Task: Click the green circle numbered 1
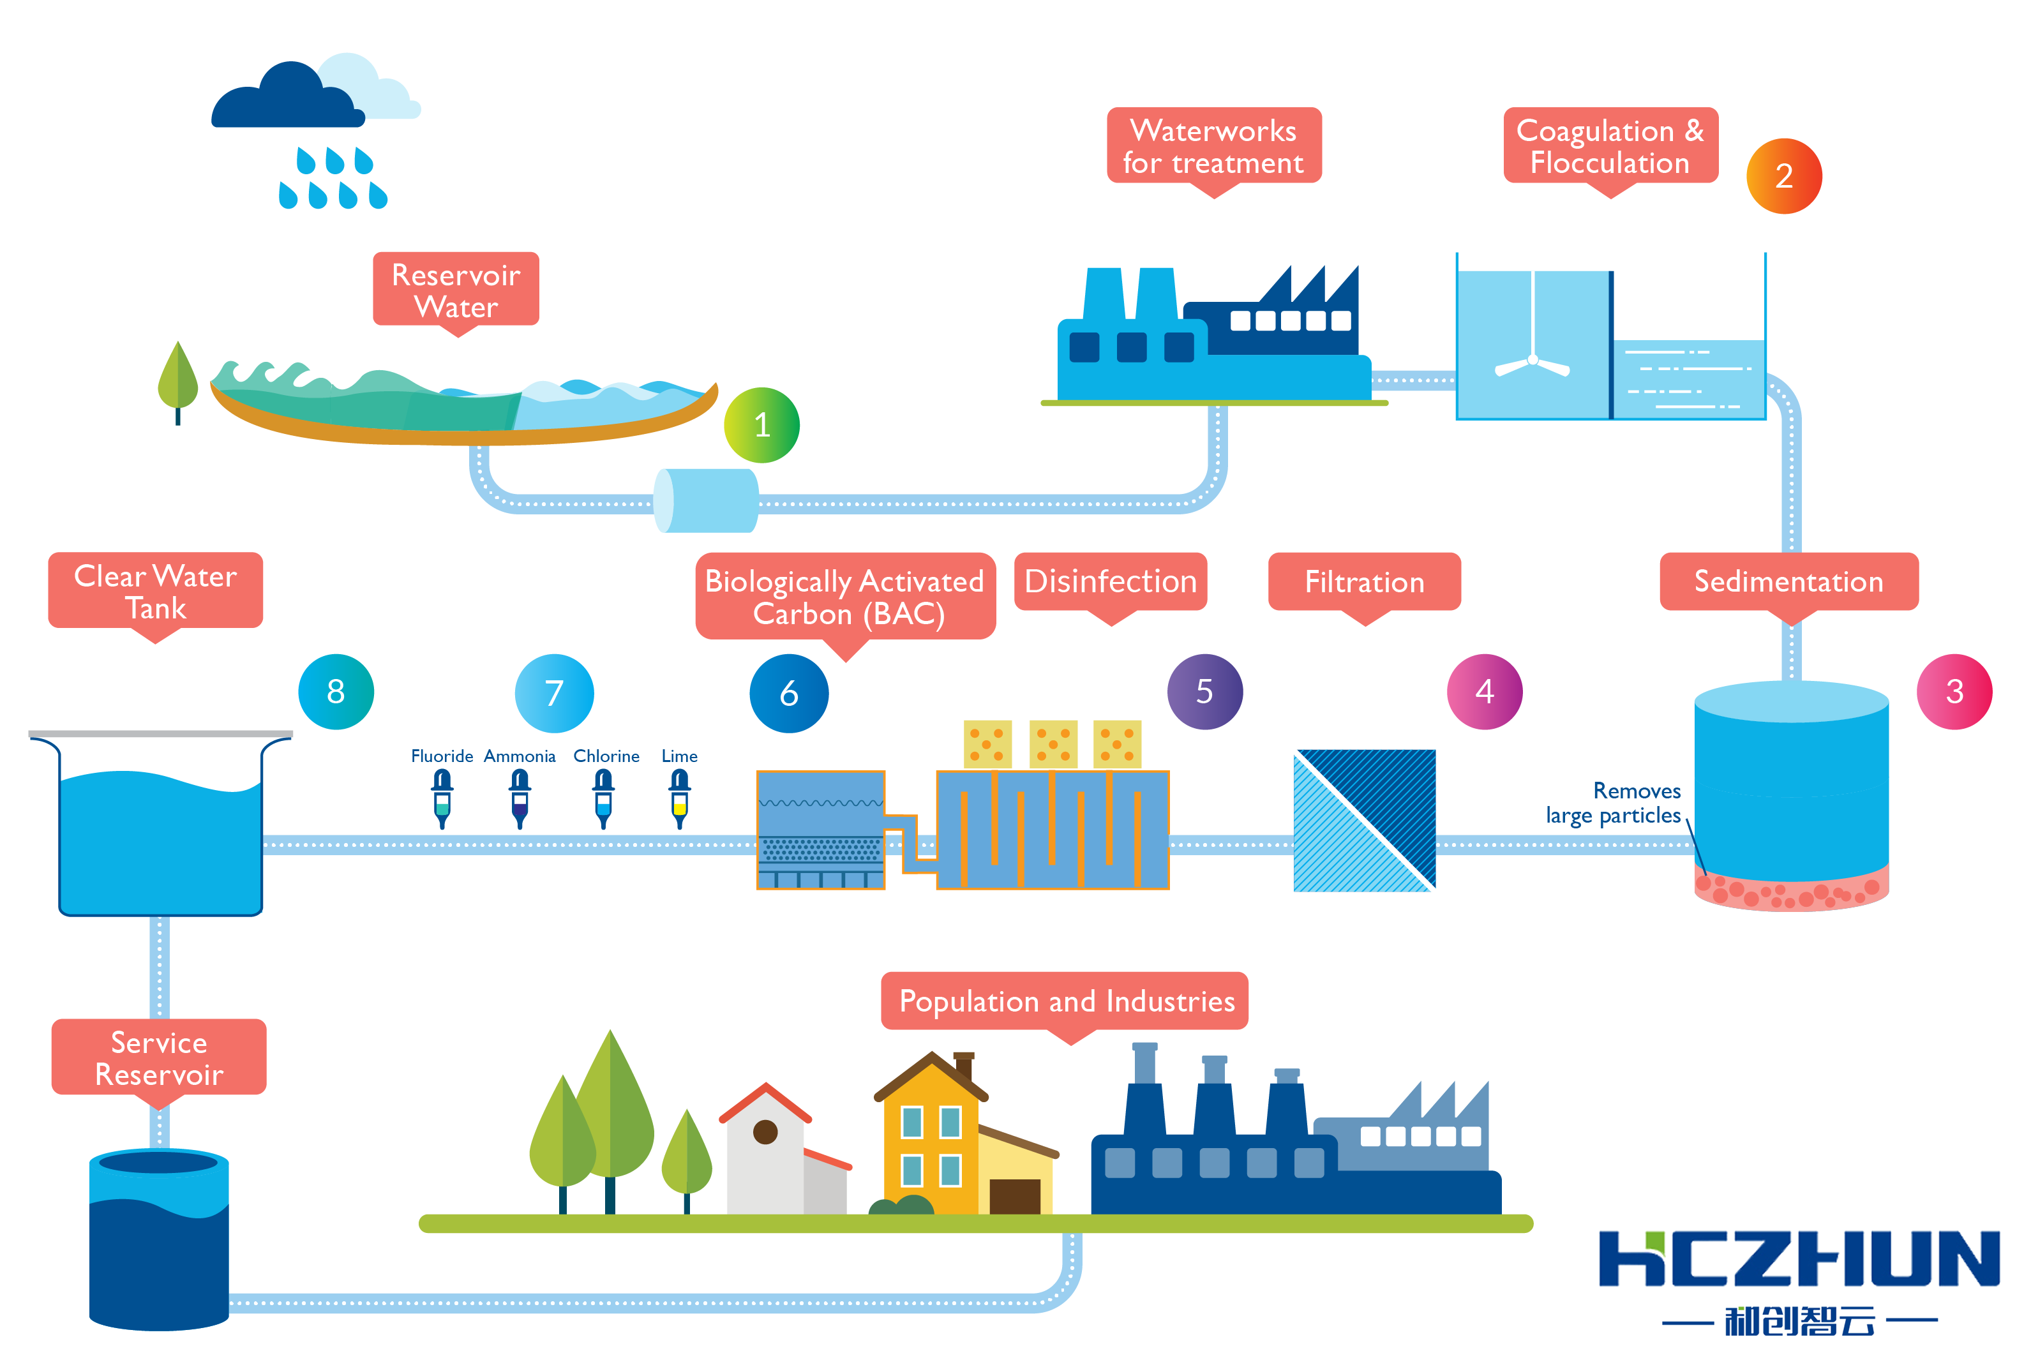click(761, 425)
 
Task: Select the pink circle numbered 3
click(1954, 691)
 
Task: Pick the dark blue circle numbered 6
click(789, 693)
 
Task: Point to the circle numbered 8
click(336, 691)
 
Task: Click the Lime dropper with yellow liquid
click(679, 798)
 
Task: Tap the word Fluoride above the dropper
click(442, 756)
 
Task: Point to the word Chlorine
click(606, 756)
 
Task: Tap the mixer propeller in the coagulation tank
click(1532, 364)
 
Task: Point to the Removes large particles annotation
click(1613, 803)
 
